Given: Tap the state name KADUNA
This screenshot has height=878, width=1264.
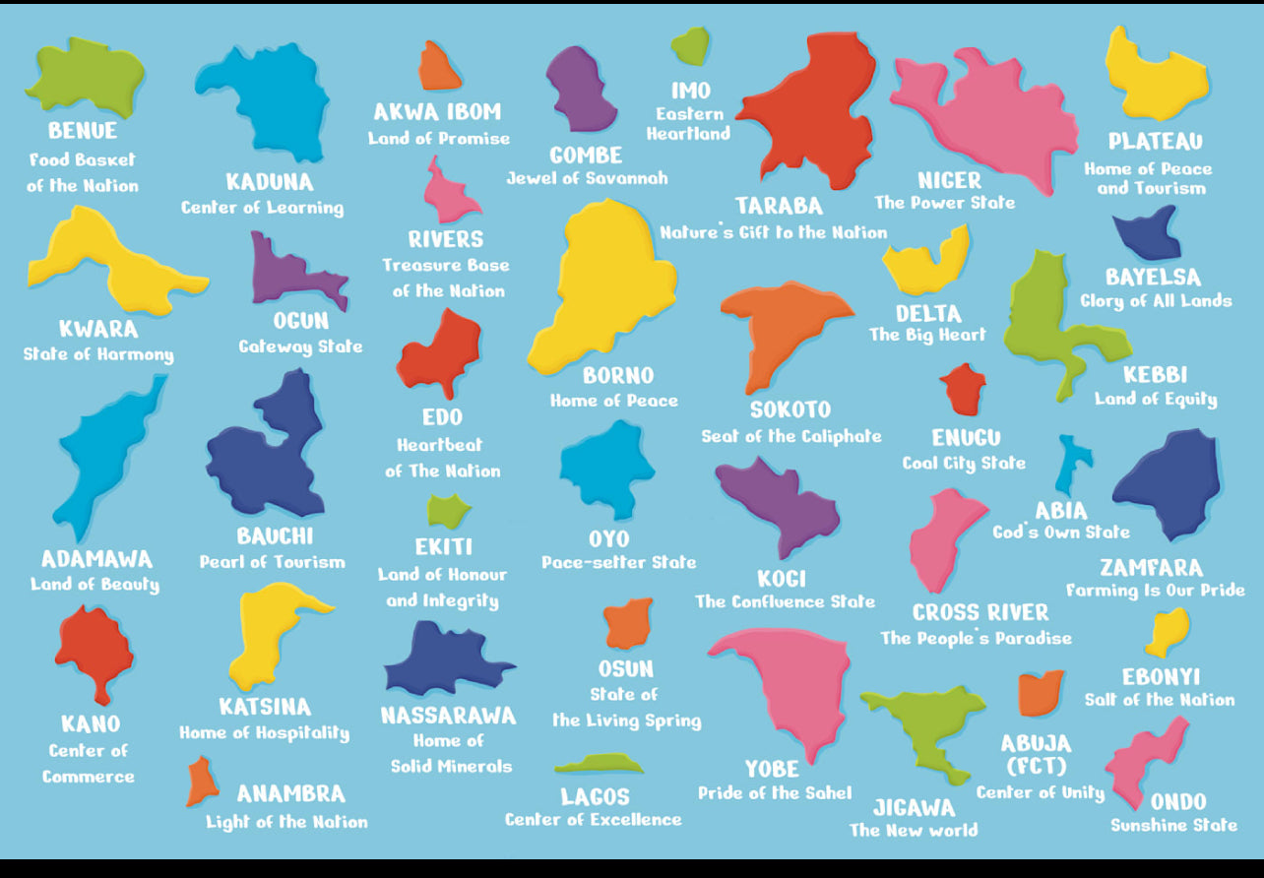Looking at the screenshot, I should pyautogui.click(x=269, y=182).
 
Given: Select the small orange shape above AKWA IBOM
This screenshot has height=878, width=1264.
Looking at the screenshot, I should pyautogui.click(x=439, y=68).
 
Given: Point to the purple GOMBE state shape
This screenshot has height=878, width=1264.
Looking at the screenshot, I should pyautogui.click(x=580, y=89).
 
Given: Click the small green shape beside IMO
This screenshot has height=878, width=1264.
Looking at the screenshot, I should pyautogui.click(x=691, y=46).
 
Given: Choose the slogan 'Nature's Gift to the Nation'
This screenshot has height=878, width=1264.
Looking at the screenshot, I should pyautogui.click(x=773, y=233).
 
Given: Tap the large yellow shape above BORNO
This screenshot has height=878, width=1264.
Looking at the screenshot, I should pyautogui.click(x=600, y=285).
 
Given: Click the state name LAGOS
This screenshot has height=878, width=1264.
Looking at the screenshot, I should pyautogui.click(x=595, y=796).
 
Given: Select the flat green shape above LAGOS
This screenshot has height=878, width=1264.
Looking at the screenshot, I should pyautogui.click(x=599, y=764).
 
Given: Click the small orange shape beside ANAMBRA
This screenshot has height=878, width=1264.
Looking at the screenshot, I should pyautogui.click(x=201, y=783).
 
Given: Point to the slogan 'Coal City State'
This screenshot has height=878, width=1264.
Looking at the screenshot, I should pyautogui.click(x=964, y=463).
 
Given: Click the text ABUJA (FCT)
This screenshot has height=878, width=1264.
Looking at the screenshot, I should pyautogui.click(x=1036, y=754).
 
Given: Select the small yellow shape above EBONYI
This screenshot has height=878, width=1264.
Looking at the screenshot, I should pyautogui.click(x=1168, y=631).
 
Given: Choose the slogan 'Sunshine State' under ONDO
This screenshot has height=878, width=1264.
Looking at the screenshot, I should pyautogui.click(x=1173, y=826).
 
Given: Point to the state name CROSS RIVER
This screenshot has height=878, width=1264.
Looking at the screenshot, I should pyautogui.click(x=980, y=612).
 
